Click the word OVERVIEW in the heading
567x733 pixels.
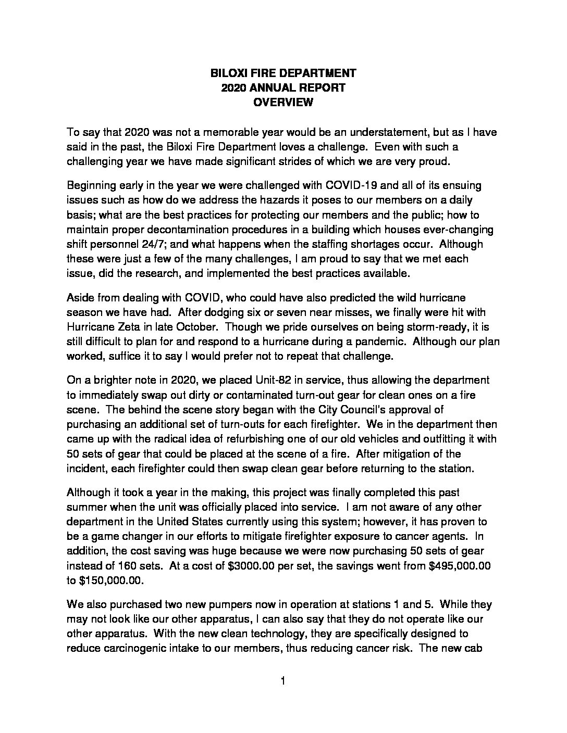(x=283, y=103)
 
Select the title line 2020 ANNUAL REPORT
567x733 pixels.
(x=283, y=88)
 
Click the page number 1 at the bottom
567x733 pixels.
(x=283, y=681)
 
